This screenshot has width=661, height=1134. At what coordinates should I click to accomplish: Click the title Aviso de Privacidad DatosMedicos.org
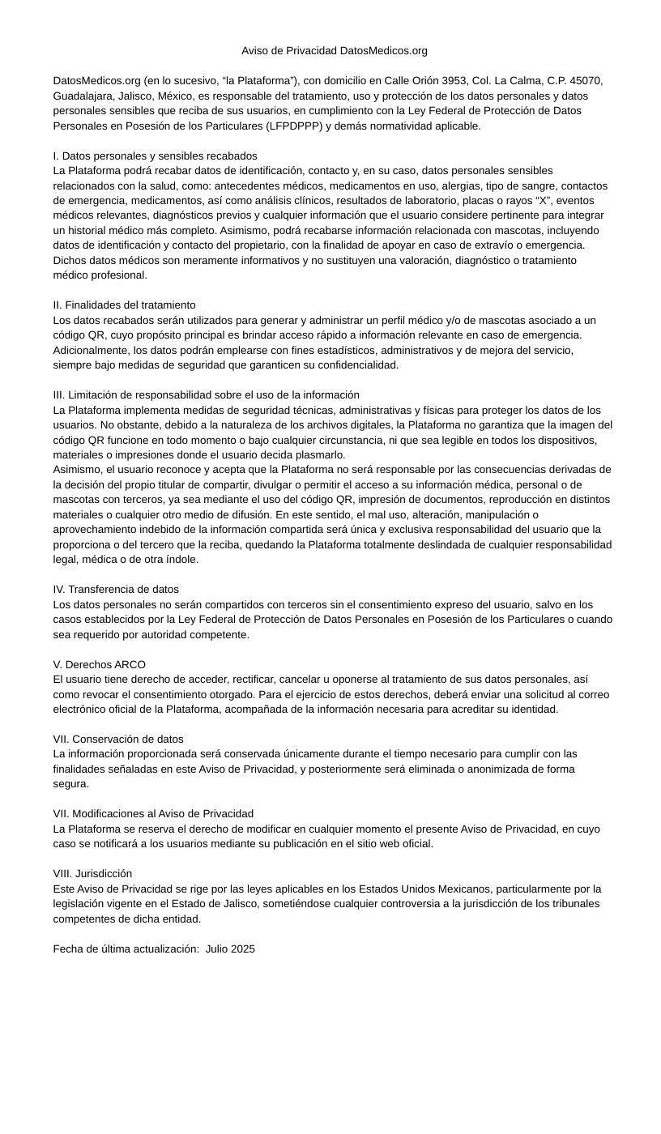[x=334, y=51]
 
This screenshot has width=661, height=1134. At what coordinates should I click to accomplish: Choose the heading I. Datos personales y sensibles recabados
[x=155, y=156]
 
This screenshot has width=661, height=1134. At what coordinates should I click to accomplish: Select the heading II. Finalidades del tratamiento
[x=124, y=305]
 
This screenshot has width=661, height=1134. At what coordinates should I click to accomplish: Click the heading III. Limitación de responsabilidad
[x=206, y=394]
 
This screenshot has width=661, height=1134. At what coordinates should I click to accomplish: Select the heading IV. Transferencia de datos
[x=116, y=589]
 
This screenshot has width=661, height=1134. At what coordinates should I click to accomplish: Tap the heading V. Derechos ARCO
[x=99, y=664]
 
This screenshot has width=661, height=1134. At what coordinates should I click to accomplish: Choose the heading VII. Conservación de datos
[x=118, y=739]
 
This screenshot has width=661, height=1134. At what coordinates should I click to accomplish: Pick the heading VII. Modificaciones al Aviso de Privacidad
[x=153, y=813]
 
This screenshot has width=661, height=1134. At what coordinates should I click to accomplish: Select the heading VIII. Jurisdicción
[x=92, y=873]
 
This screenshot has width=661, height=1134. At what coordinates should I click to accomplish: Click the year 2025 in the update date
[x=241, y=949]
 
